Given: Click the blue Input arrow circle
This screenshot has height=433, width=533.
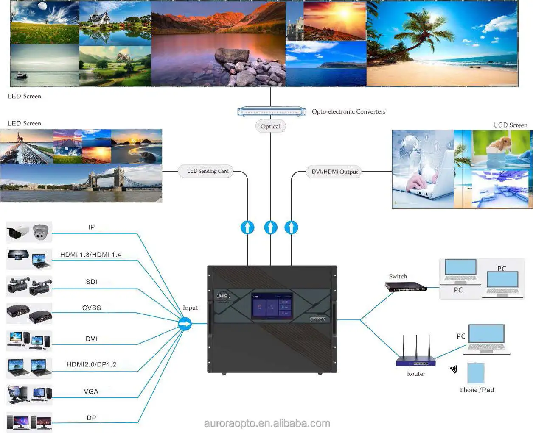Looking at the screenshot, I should (x=185, y=324).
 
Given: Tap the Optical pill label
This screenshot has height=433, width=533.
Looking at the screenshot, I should (x=270, y=126).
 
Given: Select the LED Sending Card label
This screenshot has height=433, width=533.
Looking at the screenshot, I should (x=208, y=171).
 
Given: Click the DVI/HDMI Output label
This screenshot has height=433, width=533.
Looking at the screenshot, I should (x=335, y=172).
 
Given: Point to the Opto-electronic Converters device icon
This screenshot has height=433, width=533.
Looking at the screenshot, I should (x=272, y=112).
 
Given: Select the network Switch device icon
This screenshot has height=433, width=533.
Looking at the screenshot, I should (x=406, y=287).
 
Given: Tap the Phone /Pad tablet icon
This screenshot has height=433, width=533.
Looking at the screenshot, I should (x=476, y=373).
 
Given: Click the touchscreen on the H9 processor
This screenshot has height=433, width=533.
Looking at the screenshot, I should (x=272, y=305).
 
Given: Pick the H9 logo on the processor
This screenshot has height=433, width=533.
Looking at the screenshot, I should (x=223, y=296).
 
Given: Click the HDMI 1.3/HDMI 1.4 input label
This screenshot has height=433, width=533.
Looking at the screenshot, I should (x=90, y=255).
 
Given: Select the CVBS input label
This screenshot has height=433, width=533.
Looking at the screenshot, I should (x=92, y=308).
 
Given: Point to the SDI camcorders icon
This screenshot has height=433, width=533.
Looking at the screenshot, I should (x=29, y=286).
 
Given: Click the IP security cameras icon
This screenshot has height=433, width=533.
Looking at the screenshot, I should (x=29, y=232).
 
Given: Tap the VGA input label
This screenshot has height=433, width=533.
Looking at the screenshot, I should (x=91, y=391).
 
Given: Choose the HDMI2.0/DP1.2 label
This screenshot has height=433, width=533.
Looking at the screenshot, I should (x=91, y=364).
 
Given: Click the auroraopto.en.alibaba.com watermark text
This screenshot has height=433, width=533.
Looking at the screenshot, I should (x=267, y=423).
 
